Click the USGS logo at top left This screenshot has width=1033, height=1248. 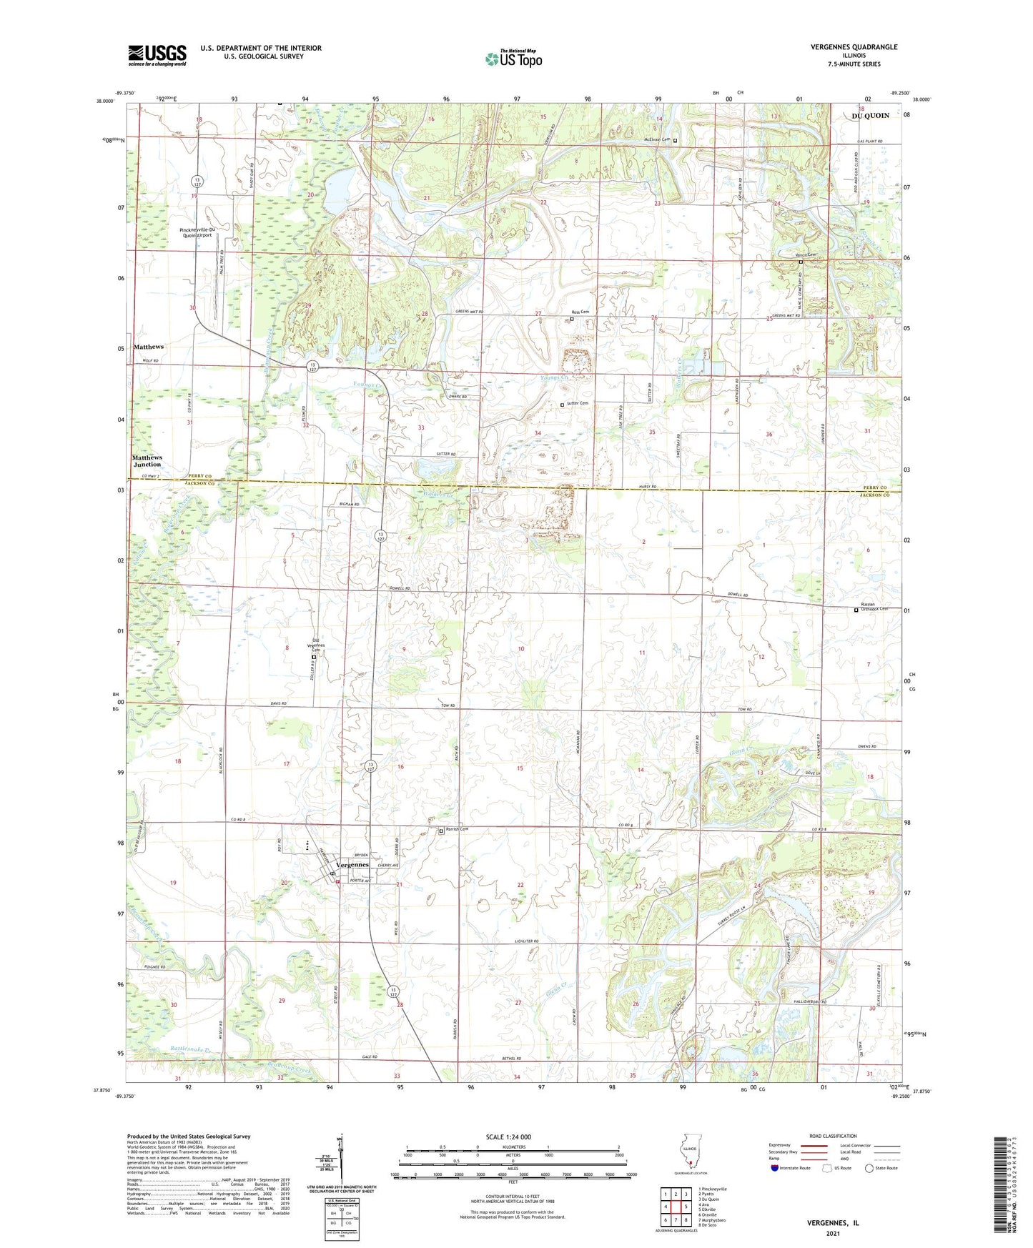coord(157,55)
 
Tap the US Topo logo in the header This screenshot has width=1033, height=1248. coord(513,59)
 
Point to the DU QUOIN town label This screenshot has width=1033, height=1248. coord(870,116)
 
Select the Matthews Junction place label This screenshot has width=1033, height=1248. coord(147,460)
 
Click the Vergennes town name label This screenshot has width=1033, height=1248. coord(352,865)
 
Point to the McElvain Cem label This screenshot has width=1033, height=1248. coord(656,140)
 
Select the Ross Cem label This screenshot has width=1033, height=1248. coord(580,312)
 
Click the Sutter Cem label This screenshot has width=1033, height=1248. coord(578,404)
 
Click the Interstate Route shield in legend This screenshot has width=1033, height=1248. coord(775,1168)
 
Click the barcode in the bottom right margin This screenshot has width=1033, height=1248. coord(1002,1187)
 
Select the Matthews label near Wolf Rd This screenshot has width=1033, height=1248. coord(149,347)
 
